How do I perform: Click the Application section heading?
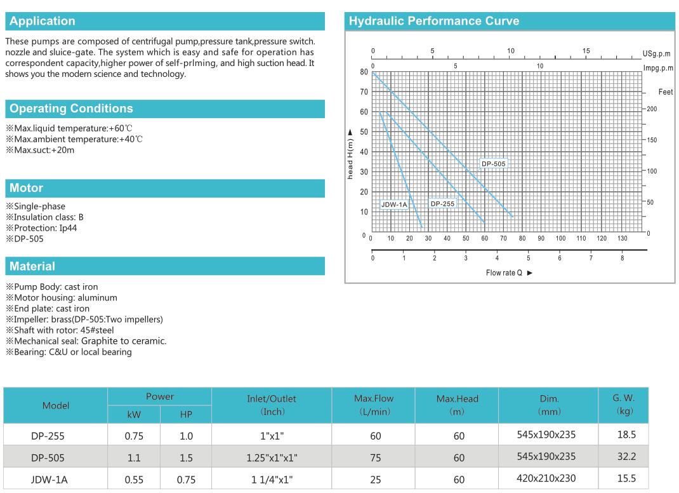43,21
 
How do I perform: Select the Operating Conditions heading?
71,109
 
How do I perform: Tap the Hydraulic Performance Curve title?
434,21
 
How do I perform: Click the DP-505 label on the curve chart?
494,164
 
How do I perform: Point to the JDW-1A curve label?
394,205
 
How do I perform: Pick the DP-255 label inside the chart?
442,204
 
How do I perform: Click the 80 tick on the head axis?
364,72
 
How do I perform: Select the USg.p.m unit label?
656,54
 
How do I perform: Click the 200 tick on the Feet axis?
652,109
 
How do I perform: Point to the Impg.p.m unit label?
657,68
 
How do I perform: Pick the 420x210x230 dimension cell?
547,478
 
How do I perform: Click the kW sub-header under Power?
134,414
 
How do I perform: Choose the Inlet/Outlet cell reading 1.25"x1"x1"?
271,457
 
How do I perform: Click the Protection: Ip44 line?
41,227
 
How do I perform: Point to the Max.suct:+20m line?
40,150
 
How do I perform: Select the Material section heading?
32,267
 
